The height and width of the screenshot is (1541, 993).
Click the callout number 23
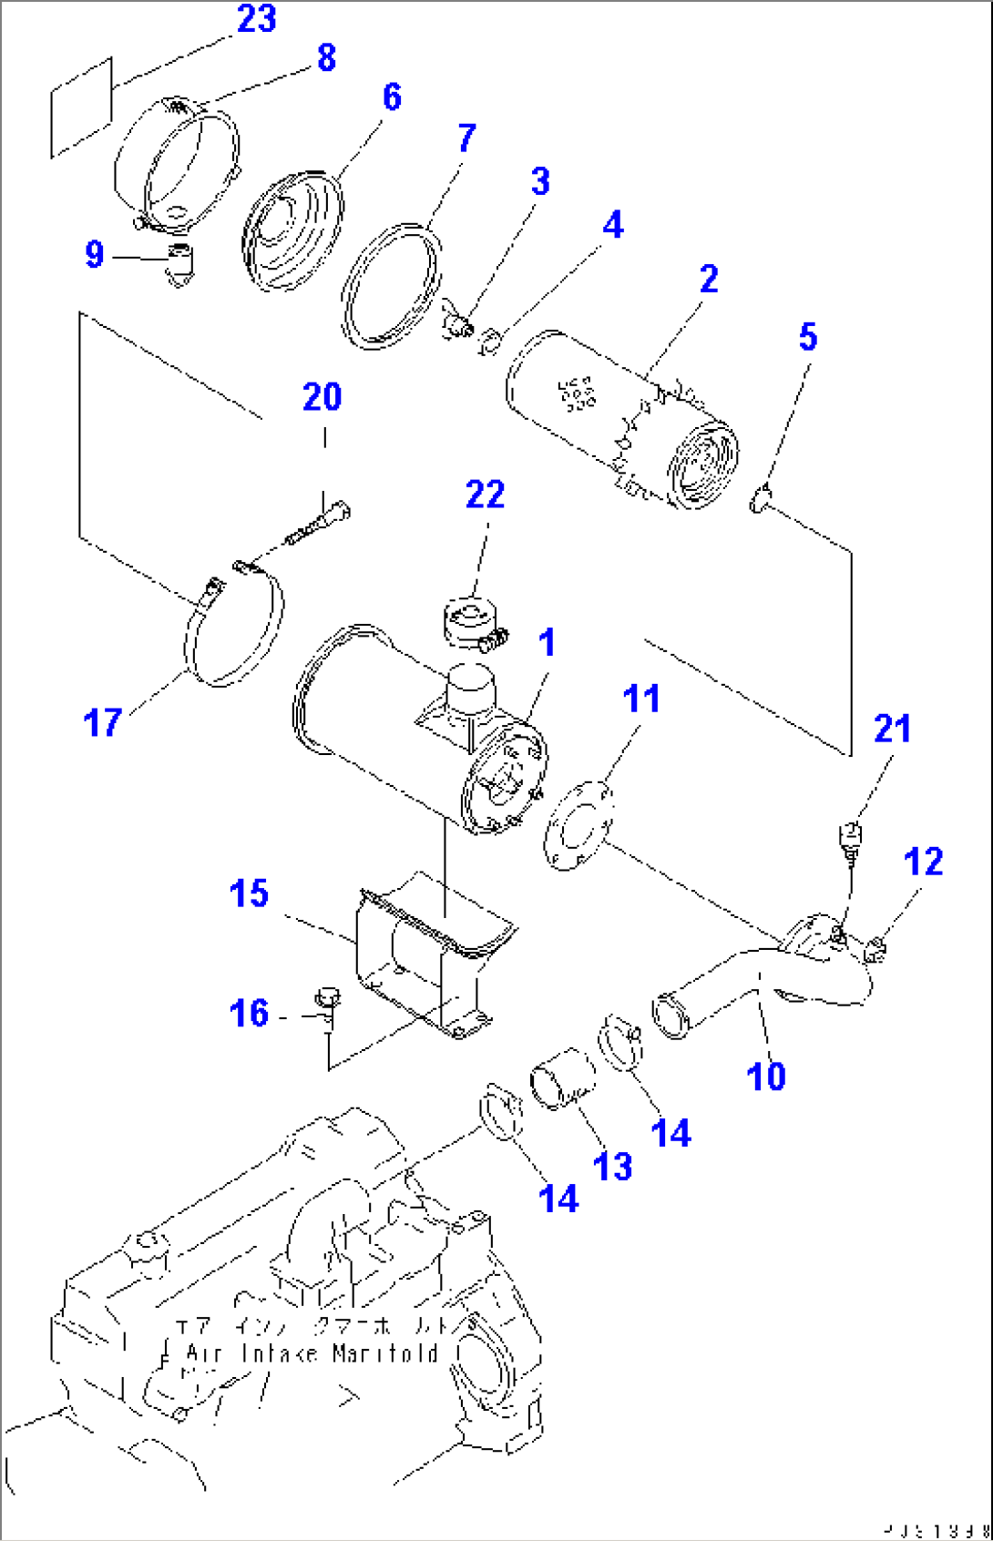(x=256, y=19)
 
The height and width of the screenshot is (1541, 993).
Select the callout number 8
(x=326, y=57)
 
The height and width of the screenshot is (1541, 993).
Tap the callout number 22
(x=485, y=495)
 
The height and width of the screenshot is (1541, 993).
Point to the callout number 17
(x=102, y=723)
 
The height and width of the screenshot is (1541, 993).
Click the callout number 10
(x=765, y=1077)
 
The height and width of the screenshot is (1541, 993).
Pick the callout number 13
(x=611, y=1167)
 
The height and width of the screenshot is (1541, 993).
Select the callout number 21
(x=892, y=729)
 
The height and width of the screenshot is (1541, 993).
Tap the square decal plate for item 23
(x=81, y=107)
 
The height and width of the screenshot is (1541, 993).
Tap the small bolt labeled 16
(x=328, y=1002)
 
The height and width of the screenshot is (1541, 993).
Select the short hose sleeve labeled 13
(x=562, y=1079)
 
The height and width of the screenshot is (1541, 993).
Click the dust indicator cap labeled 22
(x=474, y=623)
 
